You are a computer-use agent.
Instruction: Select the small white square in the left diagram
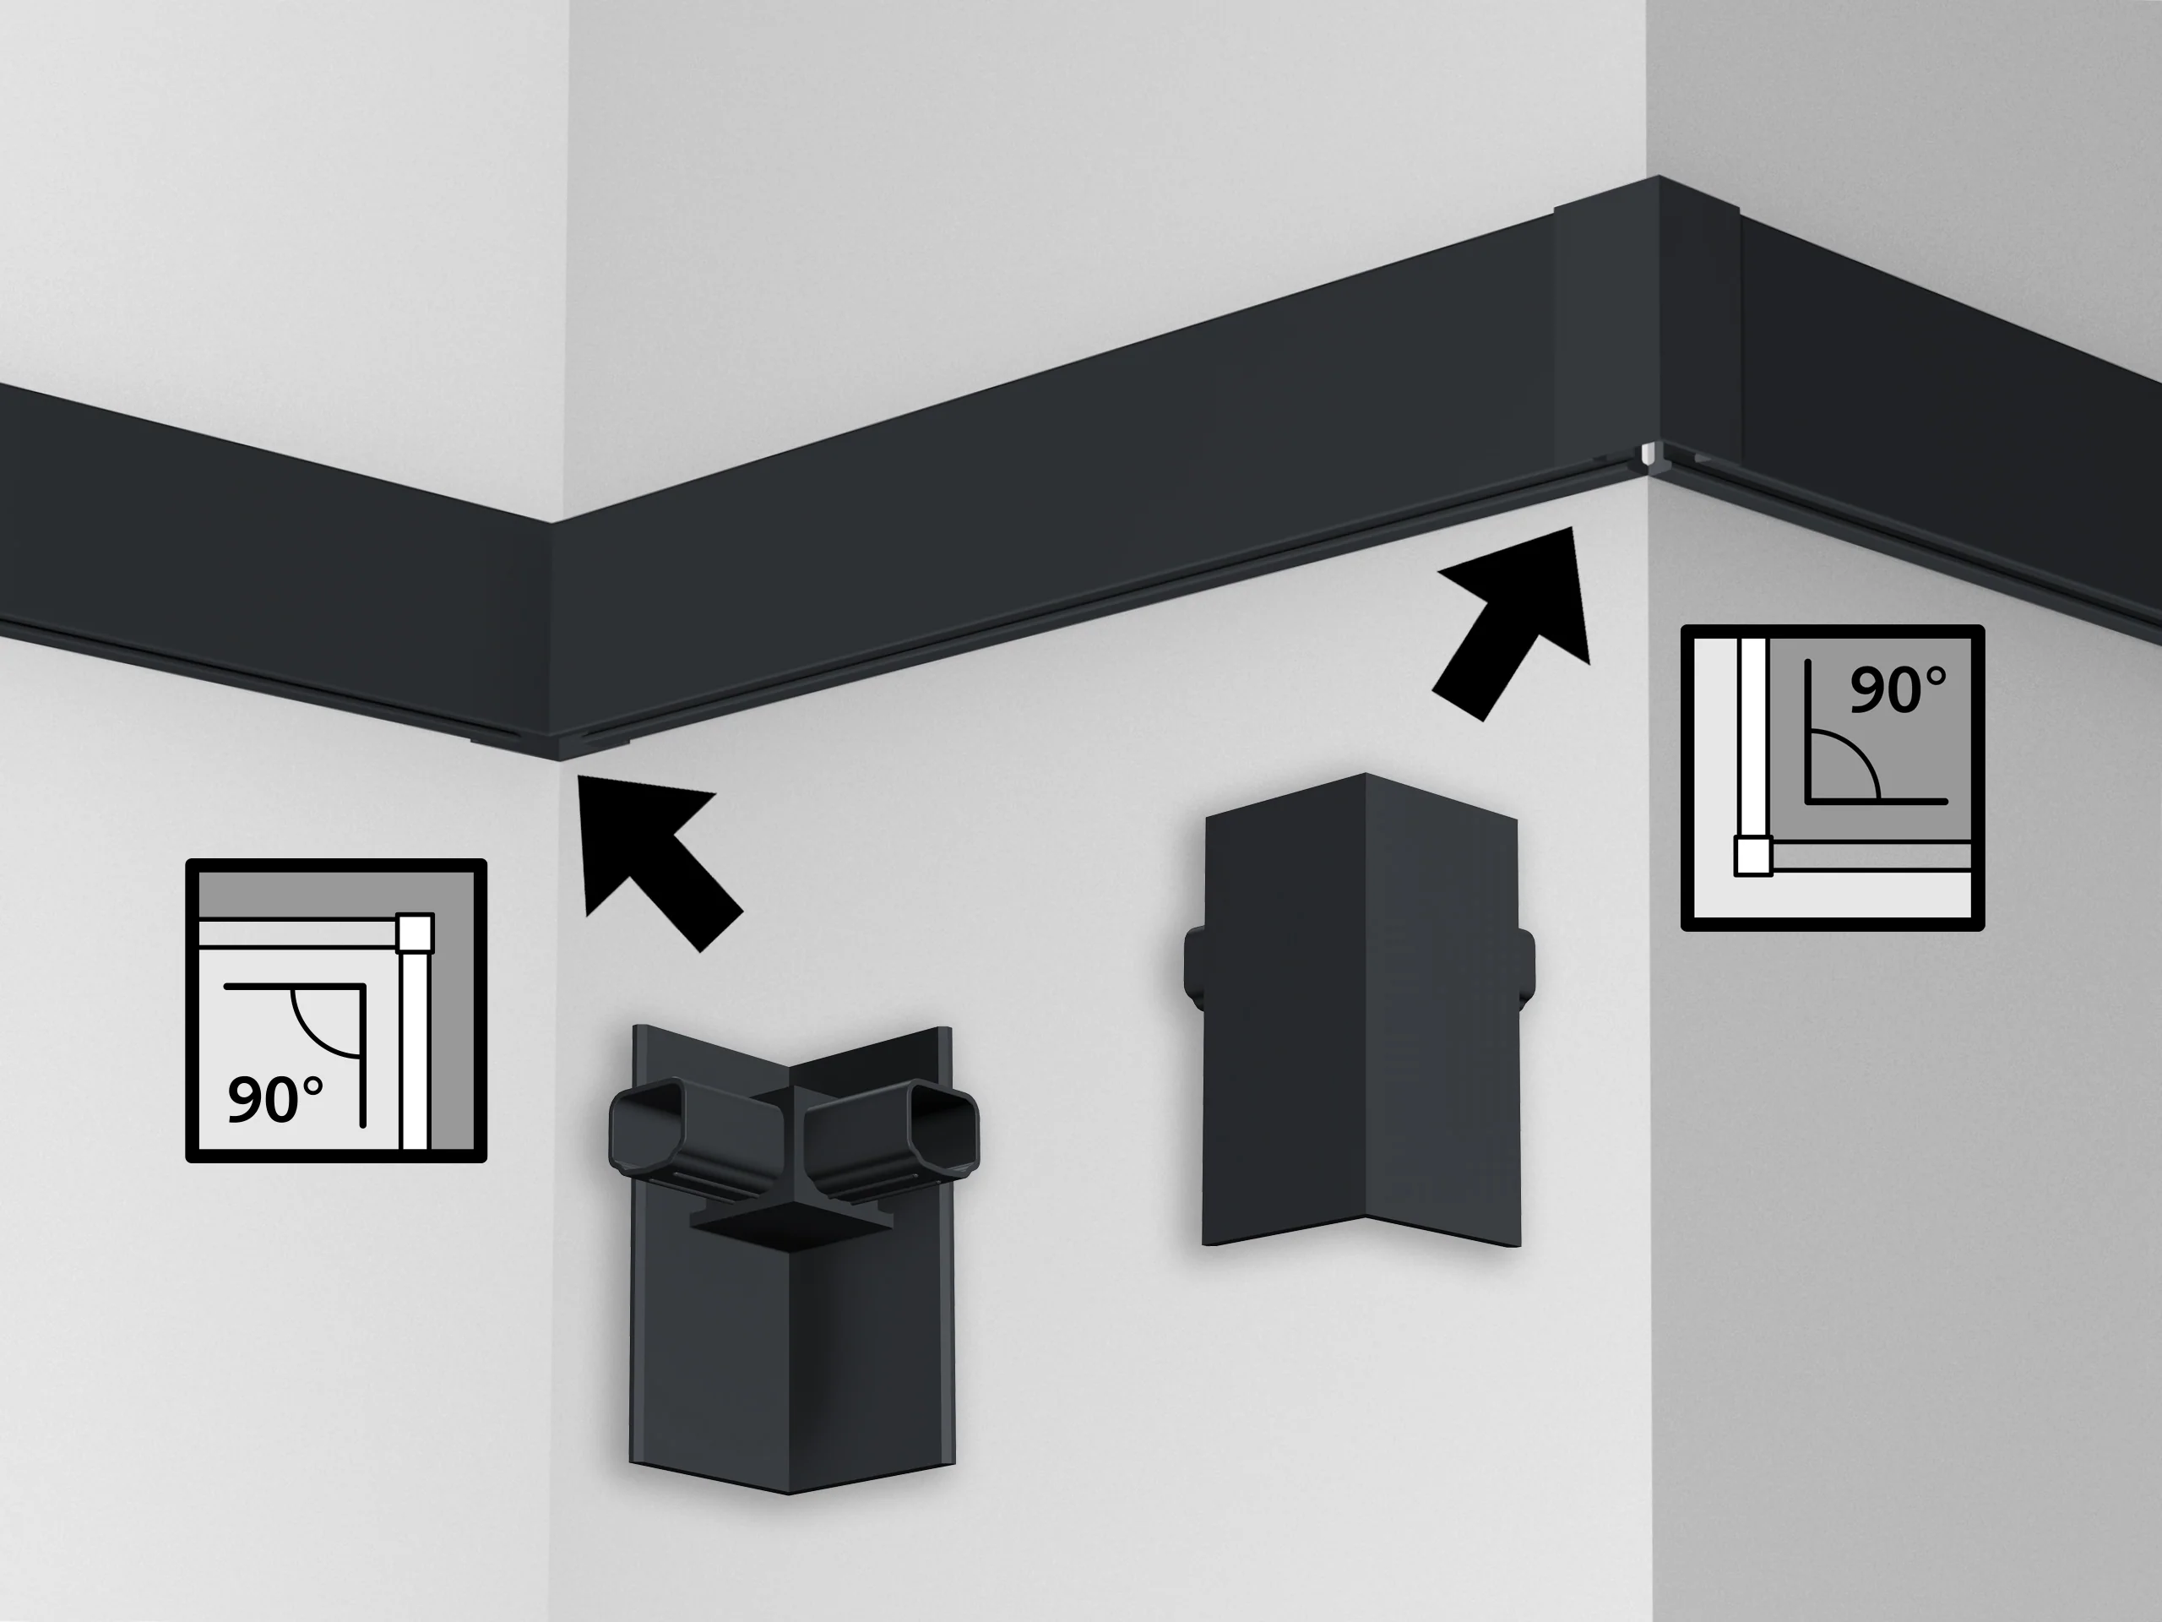coord(415,933)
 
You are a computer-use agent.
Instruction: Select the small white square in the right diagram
coord(1753,856)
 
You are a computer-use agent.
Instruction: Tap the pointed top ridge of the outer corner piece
coord(1365,776)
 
